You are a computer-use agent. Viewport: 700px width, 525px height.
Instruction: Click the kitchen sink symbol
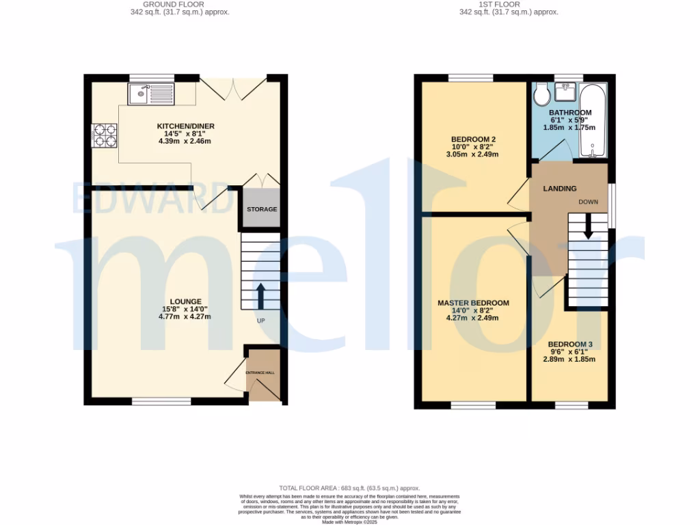click(151, 94)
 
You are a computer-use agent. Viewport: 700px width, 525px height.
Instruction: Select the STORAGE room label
click(262, 209)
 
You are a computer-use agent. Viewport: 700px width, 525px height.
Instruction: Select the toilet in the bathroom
click(542, 94)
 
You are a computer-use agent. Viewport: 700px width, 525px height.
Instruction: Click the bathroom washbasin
click(565, 92)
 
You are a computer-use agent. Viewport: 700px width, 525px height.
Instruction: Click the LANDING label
click(559, 189)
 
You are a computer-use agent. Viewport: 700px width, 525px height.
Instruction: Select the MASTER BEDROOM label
click(474, 303)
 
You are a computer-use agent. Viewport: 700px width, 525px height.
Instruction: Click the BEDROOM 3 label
click(569, 344)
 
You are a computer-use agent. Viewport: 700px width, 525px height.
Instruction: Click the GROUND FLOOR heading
click(180, 5)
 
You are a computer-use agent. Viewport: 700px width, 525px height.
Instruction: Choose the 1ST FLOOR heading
click(508, 5)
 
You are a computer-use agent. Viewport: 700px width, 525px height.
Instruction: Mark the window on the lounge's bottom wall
click(161, 403)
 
